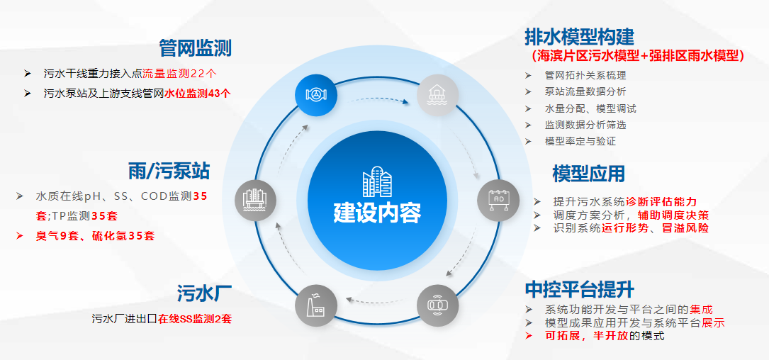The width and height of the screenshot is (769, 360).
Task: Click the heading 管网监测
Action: pos(196,48)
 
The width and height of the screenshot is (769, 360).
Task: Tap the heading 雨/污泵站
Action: pos(169,170)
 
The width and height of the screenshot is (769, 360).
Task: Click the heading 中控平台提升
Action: pos(579,289)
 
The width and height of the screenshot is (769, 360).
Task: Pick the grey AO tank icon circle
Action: pos(498,198)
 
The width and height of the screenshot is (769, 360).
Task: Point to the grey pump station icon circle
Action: pos(254,198)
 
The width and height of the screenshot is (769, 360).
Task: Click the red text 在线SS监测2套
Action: pos(195,319)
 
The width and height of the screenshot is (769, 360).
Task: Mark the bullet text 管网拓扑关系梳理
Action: pos(585,75)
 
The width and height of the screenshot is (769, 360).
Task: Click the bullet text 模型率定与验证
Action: pos(580,141)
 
